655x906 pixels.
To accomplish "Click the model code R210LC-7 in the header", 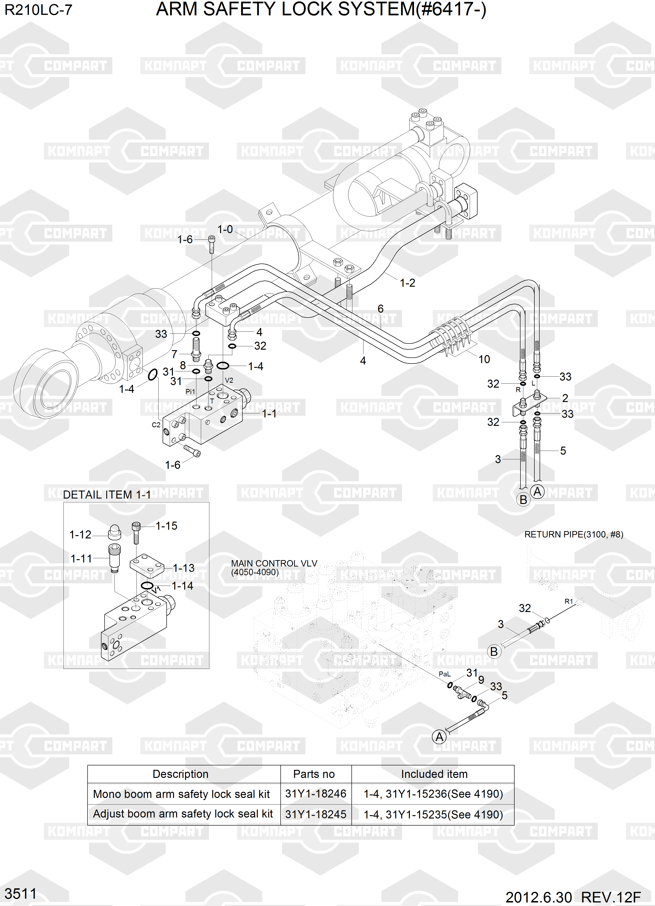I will point(38,10).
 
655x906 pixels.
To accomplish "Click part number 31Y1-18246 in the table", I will point(315,794).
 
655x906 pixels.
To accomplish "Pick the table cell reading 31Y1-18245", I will point(315,814).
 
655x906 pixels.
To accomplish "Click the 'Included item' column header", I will point(434,774).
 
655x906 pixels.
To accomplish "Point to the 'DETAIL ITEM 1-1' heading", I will point(107,495).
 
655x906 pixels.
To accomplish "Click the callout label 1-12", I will point(80,534).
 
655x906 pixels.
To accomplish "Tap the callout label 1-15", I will point(166,526).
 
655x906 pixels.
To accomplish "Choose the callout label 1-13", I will point(183,568).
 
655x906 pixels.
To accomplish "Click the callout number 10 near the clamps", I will point(484,359).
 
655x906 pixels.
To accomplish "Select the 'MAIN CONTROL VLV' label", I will point(274,563).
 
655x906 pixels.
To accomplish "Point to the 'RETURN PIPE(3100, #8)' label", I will point(574,534).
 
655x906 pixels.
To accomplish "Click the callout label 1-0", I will point(225,229).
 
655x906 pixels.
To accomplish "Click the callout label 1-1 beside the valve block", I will point(269,413).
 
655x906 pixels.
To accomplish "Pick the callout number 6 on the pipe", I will point(380,308).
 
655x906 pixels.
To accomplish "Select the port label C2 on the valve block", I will point(156,425).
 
